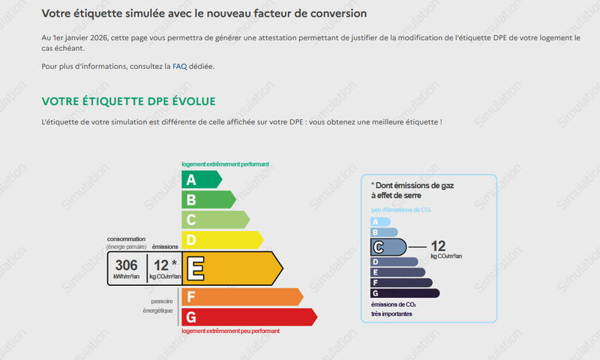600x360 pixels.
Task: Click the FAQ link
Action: point(179,66)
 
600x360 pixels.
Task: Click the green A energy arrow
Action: point(202,179)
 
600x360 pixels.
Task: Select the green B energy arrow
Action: point(208,199)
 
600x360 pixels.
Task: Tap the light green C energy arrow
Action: point(215,220)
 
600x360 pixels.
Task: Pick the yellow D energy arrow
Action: point(222,240)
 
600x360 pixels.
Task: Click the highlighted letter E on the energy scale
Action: point(196,268)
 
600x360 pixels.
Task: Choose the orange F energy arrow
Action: point(242,297)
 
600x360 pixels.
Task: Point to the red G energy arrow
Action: point(249,317)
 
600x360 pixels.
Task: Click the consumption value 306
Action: point(126,265)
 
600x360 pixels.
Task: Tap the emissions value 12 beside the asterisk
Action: point(161,265)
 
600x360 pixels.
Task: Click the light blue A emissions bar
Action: point(380,222)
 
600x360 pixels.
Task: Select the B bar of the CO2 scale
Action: point(384,232)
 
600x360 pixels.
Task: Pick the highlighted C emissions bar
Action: point(388,247)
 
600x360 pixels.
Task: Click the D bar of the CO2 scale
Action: point(394,262)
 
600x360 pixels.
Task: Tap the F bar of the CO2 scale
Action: point(401,283)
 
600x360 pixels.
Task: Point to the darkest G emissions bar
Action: point(405,293)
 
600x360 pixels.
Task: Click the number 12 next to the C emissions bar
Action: point(438,246)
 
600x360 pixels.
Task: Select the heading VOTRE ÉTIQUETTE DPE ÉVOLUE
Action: point(128,101)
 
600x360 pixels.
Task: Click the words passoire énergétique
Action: point(157,306)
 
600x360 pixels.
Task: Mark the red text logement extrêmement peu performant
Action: point(230,331)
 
